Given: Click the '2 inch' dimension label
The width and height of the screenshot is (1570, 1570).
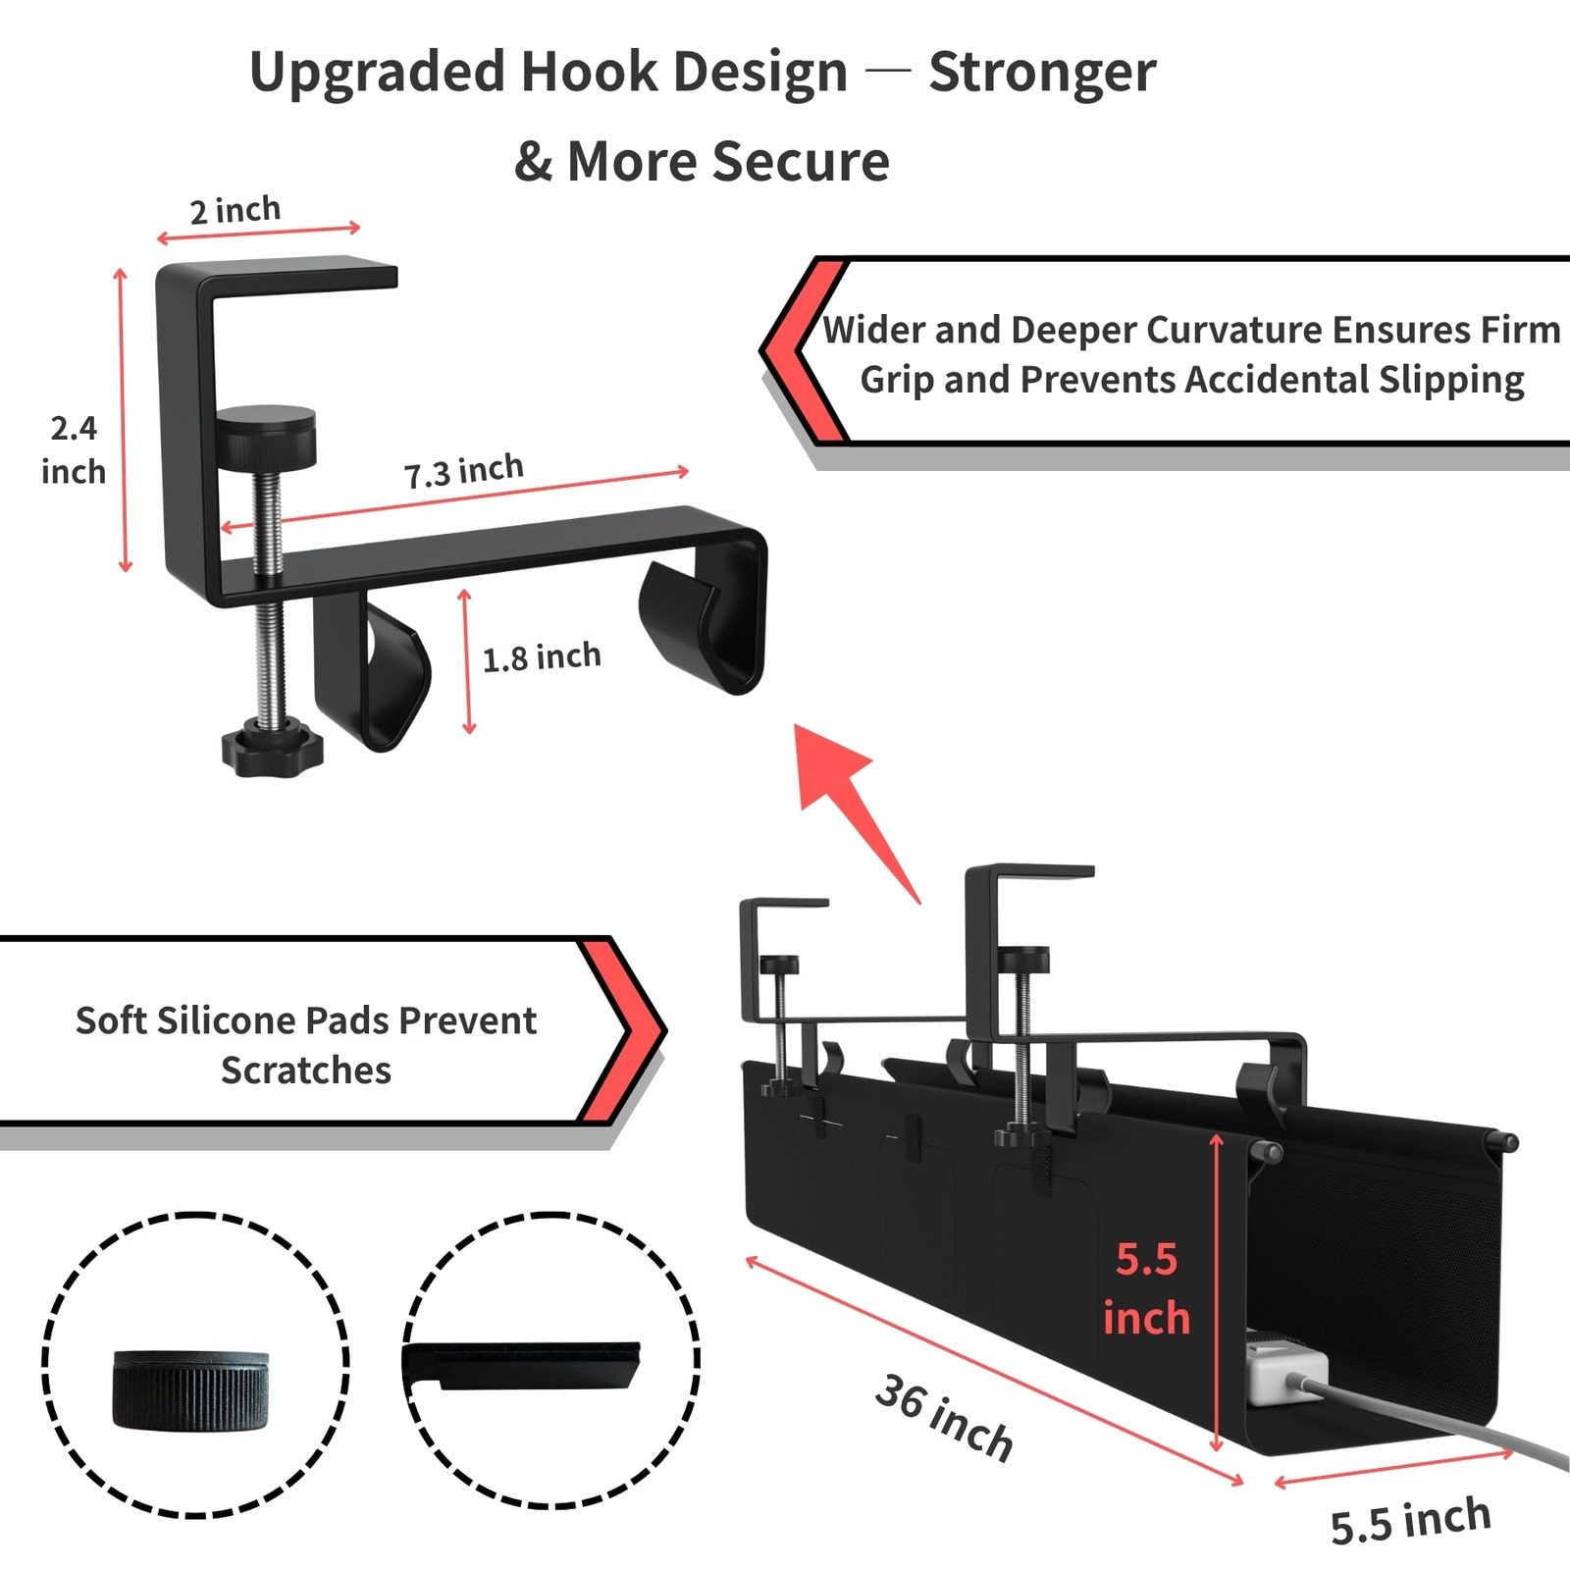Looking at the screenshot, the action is (235, 210).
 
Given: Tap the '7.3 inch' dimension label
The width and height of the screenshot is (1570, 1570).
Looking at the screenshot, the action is (464, 471).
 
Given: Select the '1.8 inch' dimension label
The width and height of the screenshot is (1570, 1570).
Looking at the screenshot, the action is (542, 656).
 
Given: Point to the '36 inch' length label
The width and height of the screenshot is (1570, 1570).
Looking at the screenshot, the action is (944, 1417).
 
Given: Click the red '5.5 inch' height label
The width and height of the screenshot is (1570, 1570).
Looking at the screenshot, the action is (1146, 1288).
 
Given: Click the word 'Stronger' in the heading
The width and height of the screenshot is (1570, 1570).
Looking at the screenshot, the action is (1042, 73).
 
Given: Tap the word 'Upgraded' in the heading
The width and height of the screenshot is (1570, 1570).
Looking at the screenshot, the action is (377, 73).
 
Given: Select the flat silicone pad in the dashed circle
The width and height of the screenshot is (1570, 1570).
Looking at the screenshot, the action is (525, 1365).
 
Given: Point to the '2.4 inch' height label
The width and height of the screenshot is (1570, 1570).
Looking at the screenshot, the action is (74, 450).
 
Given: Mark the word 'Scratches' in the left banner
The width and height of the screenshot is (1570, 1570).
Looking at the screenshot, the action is (306, 1071).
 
